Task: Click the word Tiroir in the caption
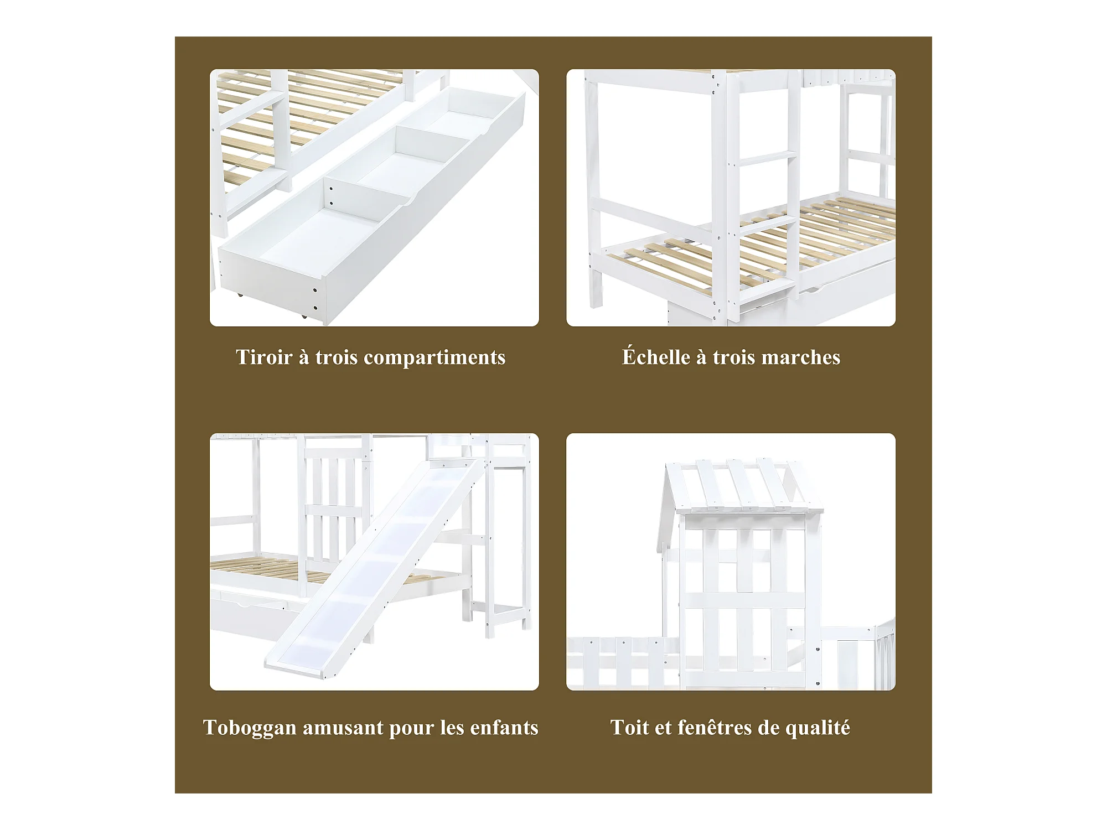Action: (x=264, y=357)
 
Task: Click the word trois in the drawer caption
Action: (x=337, y=357)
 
